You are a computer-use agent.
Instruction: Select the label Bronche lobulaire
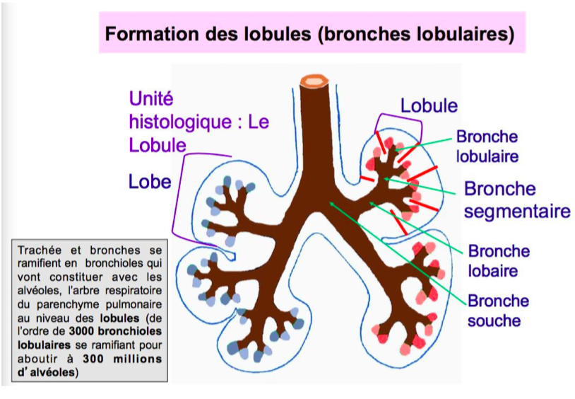tap(487, 146)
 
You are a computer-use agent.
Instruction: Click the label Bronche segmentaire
tap(516, 200)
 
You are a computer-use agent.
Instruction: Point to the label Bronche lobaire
tap(499, 260)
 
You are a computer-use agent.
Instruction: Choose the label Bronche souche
tap(498, 311)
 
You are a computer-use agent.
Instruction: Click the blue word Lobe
tap(150, 181)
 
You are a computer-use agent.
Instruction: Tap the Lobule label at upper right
tap(429, 106)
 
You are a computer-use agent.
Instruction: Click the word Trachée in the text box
tap(40, 250)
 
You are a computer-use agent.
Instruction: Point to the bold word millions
tap(136, 359)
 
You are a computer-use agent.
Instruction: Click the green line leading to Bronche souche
tap(396, 252)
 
